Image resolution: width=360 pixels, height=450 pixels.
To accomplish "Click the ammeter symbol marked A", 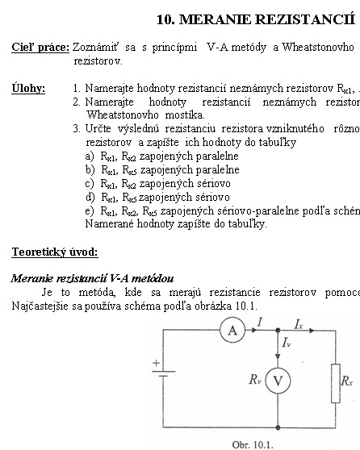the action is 232,330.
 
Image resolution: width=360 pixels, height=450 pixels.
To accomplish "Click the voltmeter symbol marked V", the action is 278,381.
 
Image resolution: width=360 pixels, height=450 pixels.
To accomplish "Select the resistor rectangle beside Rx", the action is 336,383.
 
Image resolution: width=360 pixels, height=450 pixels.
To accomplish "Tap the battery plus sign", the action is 156,363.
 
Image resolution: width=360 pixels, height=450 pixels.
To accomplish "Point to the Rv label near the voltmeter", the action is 255,379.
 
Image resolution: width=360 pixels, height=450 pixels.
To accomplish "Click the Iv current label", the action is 287,343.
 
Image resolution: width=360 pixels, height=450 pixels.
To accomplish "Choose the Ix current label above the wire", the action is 299,324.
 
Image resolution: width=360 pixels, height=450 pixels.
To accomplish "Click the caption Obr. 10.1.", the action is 253,444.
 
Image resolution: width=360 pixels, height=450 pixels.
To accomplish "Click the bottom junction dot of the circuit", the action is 278,427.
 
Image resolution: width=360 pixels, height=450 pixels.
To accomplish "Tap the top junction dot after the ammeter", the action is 278,331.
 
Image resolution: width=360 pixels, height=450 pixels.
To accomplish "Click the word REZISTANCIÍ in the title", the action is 305,19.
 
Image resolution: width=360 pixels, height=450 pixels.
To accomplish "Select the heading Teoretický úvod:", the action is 55,252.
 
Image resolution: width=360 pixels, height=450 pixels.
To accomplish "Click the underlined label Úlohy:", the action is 28,88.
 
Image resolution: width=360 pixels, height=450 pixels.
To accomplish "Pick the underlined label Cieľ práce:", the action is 40,47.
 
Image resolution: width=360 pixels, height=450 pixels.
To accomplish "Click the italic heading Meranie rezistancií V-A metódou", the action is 92,278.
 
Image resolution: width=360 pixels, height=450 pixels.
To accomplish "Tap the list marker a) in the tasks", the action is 90,156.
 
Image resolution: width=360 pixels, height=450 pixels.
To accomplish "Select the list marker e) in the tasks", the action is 90,211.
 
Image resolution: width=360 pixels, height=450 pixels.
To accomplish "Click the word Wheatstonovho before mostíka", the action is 123,115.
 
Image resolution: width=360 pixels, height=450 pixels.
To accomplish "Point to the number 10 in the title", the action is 165,19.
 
